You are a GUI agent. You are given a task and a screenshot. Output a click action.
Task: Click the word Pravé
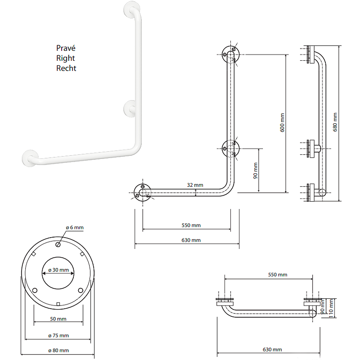coord(65,48)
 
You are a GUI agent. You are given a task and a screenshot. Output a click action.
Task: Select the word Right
coord(65,58)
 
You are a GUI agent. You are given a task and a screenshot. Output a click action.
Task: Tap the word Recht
coord(66,68)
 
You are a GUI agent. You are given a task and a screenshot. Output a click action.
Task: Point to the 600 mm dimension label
coord(282,122)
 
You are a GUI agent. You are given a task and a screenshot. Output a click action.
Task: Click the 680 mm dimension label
coord(334,122)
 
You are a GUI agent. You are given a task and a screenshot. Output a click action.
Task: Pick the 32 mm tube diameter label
coord(195,185)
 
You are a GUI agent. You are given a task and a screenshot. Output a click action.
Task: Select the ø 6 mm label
coord(74,228)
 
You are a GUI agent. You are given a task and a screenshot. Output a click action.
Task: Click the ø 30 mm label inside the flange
coord(58,270)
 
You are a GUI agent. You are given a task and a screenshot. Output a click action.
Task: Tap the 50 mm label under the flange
coord(58,319)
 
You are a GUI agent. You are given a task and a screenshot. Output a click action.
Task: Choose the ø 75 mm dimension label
coord(58,335)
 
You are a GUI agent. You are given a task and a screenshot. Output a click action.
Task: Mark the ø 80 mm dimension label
coord(58,351)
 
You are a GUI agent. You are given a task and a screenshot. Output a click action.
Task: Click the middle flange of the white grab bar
coord(130,108)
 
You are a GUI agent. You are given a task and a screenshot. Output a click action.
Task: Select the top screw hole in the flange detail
coord(59,245)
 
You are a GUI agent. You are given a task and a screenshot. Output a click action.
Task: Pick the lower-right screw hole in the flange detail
coord(80,290)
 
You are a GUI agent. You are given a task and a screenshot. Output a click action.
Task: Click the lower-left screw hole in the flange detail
coord(35,290)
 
